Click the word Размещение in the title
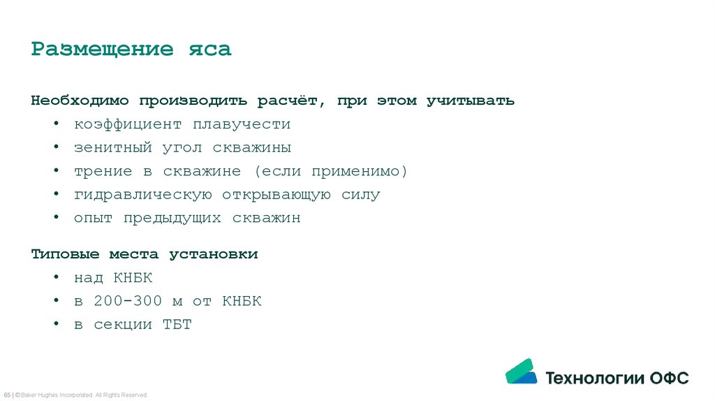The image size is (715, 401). point(102,50)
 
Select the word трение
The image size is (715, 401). point(103,171)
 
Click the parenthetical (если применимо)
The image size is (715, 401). point(330,171)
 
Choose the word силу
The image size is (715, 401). point(360,195)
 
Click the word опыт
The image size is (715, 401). point(94,218)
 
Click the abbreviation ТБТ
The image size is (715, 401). point(177,325)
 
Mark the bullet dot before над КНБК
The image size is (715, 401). point(56,278)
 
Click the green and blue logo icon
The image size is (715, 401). point(521,372)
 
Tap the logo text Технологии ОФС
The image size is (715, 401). point(617,378)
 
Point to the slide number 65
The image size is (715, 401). point(6,395)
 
